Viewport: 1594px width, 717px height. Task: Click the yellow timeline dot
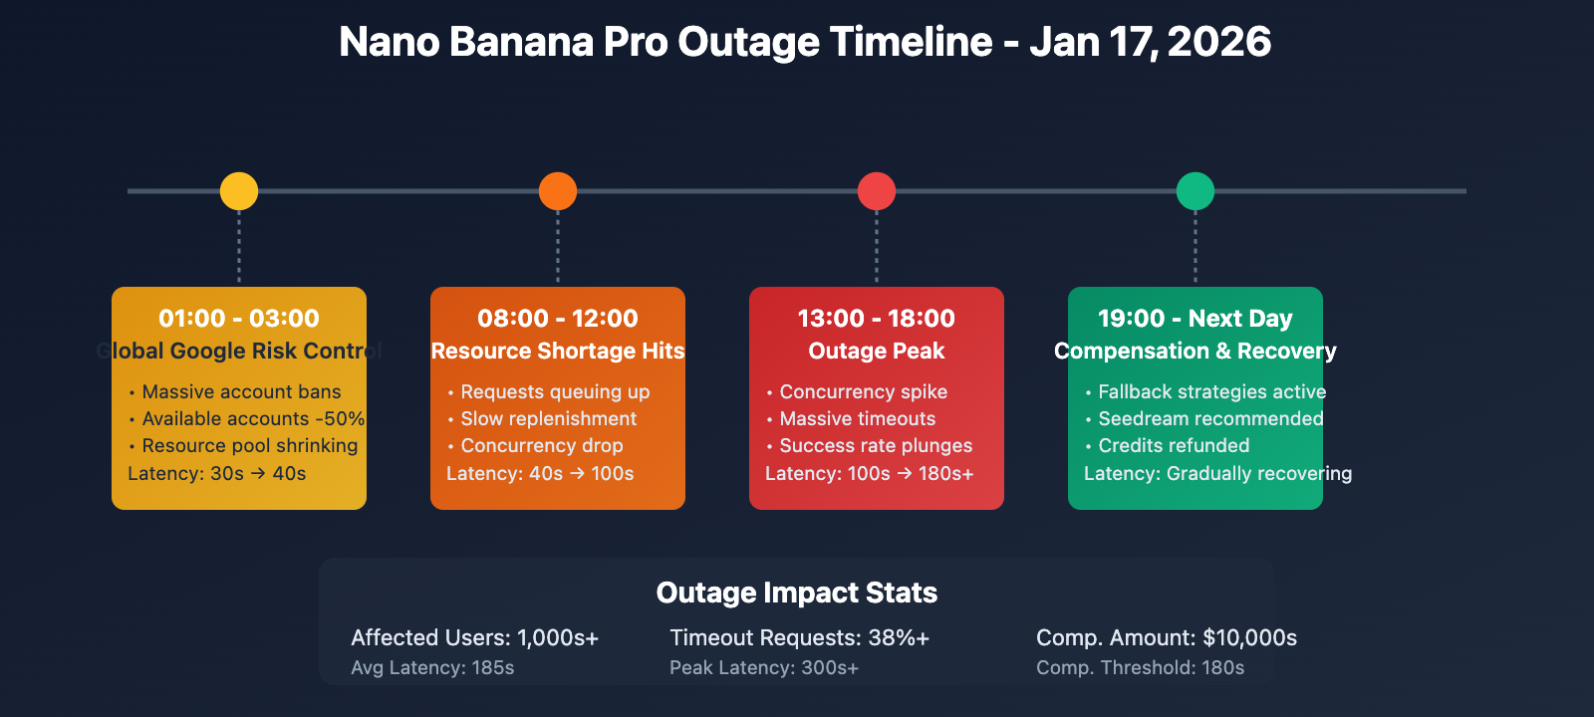pos(239,191)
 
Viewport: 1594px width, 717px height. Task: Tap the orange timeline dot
pos(558,191)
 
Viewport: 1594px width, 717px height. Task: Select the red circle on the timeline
pos(877,191)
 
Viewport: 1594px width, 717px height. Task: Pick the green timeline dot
pos(1195,191)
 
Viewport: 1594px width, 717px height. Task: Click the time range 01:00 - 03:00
pos(239,319)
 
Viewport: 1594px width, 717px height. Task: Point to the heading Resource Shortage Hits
pos(558,351)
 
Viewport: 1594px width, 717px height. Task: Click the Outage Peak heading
pos(877,351)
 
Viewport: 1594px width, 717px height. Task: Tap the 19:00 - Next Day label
pos(1195,319)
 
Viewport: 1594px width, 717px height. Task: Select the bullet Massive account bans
pos(241,392)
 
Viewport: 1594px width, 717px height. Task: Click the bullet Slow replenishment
pos(548,419)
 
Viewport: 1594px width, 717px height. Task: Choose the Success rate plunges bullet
pos(876,446)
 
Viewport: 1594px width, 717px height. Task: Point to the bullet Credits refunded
pos(1174,446)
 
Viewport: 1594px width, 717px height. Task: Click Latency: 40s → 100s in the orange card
pos(540,474)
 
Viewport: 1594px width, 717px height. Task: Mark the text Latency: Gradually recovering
pos(1217,474)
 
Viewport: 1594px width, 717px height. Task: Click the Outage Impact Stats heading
pos(797,593)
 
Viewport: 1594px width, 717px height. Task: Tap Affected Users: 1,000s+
pos(475,638)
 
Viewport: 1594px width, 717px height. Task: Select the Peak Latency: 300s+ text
pos(764,668)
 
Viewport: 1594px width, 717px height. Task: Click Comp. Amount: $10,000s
pos(1167,638)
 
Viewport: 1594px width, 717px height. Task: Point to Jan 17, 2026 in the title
pos(1150,43)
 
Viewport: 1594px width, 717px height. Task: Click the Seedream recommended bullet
pos(1210,419)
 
